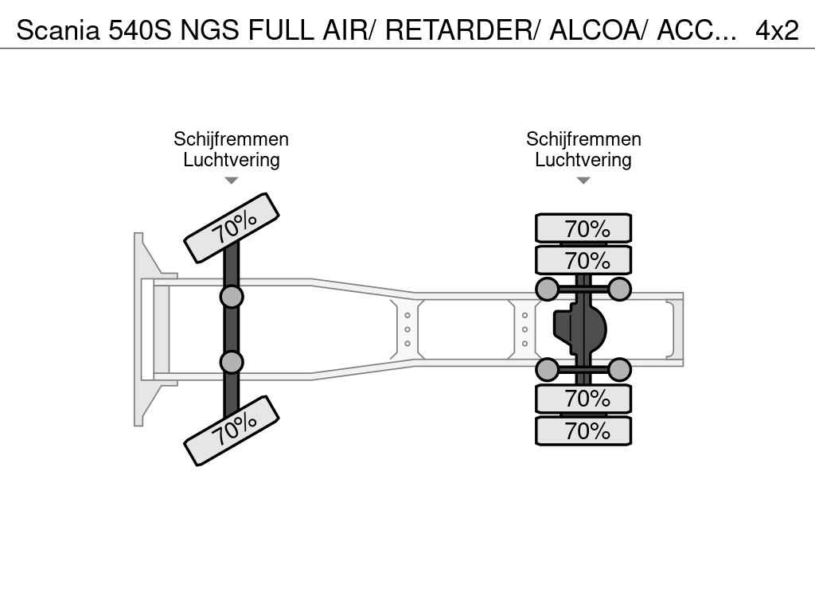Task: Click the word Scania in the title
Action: (x=57, y=31)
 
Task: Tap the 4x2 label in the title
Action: (x=777, y=31)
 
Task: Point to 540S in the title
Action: (x=139, y=31)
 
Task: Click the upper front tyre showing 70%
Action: (x=232, y=228)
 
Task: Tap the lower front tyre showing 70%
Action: (x=232, y=430)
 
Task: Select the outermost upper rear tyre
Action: (x=583, y=228)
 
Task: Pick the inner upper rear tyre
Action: (x=583, y=260)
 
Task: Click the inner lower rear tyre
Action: (x=583, y=399)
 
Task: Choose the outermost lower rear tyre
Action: (x=583, y=430)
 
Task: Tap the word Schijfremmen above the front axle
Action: (x=232, y=139)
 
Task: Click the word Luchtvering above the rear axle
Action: (x=583, y=160)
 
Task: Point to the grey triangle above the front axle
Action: (x=232, y=181)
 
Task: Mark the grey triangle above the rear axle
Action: (x=583, y=181)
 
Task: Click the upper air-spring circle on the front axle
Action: (x=232, y=298)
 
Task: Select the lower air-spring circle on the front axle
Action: (x=232, y=362)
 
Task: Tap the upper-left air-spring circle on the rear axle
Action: (x=548, y=289)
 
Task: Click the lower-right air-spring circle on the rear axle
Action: (x=619, y=369)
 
